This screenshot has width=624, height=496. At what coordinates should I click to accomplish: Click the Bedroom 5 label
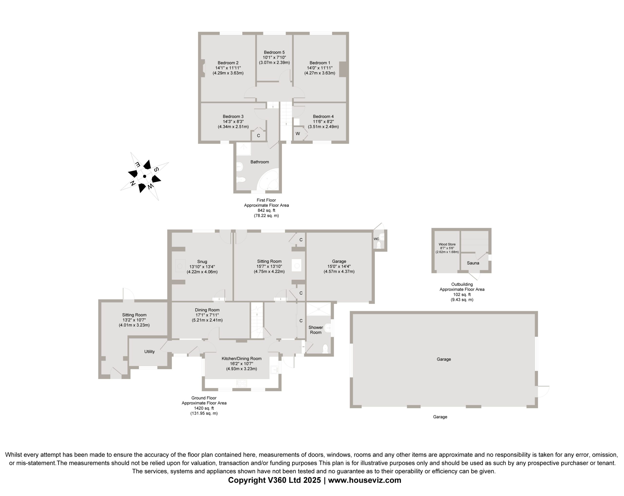point(274,52)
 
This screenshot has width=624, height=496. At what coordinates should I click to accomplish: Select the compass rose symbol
point(145,176)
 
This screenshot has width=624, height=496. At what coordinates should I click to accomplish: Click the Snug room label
point(202,262)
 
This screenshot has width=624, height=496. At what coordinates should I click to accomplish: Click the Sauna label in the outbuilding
point(473,263)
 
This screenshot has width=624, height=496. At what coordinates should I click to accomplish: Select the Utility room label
point(149,352)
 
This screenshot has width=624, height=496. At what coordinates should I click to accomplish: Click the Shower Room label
point(315,330)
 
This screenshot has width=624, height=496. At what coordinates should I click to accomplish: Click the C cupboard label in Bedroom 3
point(258,136)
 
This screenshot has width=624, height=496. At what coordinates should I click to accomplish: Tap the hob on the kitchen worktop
point(242,383)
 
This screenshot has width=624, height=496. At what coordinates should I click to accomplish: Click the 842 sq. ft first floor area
point(266,210)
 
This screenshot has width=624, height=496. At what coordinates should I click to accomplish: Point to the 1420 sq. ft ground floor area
point(204,408)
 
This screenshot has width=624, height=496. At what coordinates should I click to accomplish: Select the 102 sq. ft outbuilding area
point(462,295)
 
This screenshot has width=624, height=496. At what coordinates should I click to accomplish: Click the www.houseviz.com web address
point(365,480)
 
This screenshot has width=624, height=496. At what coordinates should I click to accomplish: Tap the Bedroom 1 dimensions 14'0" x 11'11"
point(320,68)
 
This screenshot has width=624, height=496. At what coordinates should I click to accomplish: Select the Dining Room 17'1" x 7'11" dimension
point(207,315)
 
